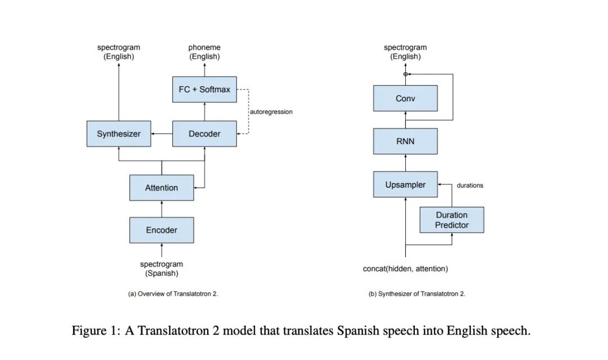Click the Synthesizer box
click(x=119, y=134)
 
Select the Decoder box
click(x=204, y=134)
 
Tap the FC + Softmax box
click(x=204, y=90)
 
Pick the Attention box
click(x=162, y=188)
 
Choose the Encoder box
click(x=162, y=230)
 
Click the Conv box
click(x=405, y=99)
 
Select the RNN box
click(x=405, y=141)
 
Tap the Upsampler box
click(x=405, y=185)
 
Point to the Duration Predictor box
click(x=451, y=220)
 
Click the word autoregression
click(x=271, y=112)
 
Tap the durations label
click(x=470, y=185)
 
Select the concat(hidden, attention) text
click(x=405, y=269)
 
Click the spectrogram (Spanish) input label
click(x=162, y=269)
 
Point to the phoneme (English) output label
click(x=204, y=52)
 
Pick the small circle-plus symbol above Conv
click(x=405, y=74)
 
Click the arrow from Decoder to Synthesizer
click(x=162, y=134)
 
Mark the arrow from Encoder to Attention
click(x=162, y=209)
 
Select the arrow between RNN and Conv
click(x=405, y=119)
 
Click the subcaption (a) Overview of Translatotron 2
click(x=173, y=294)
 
